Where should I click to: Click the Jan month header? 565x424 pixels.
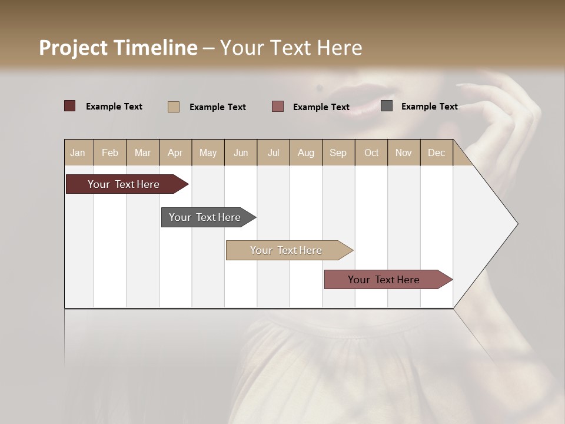78,153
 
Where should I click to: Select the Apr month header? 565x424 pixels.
175,153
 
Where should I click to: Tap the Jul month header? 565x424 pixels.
273,153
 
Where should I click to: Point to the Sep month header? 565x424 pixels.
338,153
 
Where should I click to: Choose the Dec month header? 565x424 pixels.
436,153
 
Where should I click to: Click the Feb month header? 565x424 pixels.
110,153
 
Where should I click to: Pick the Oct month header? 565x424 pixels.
371,153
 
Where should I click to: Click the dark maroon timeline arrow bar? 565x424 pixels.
124,184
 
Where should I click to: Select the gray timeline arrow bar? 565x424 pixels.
205,217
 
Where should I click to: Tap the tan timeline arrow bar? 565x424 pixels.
286,250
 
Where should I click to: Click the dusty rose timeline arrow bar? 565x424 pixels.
384,280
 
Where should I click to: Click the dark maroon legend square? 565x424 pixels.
69,106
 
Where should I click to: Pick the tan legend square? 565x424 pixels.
173,107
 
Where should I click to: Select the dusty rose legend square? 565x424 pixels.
278,107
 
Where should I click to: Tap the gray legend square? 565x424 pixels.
387,106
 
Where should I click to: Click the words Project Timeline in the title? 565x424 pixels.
118,47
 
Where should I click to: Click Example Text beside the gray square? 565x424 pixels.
429,106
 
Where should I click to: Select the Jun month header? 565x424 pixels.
241,153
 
